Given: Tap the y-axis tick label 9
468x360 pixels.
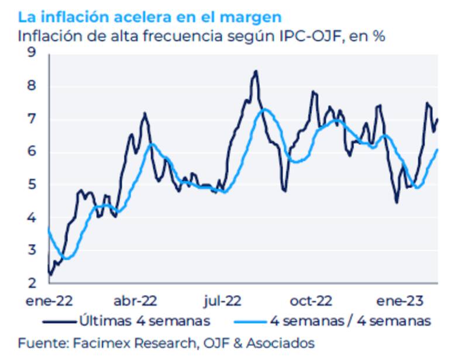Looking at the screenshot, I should pyautogui.click(x=31, y=53).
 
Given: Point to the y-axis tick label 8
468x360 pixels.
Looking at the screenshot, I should pyautogui.click(x=31, y=86).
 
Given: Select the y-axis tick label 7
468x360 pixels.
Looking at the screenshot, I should pyautogui.click(x=31, y=119).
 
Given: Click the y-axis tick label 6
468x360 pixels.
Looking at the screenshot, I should pyautogui.click(x=31, y=152).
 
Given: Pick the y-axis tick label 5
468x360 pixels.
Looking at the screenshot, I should pyautogui.click(x=31, y=185).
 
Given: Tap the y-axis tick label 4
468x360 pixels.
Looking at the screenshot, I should pyautogui.click(x=31, y=218).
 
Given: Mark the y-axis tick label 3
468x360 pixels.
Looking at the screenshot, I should pyautogui.click(x=31, y=251).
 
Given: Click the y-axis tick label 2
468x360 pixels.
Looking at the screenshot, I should pyautogui.click(x=31, y=283).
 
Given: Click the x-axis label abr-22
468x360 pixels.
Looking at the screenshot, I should pyautogui.click(x=135, y=301).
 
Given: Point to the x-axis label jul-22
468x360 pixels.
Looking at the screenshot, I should pyautogui.click(x=222, y=301).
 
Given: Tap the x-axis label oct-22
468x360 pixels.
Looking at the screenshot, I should pyautogui.click(x=311, y=301).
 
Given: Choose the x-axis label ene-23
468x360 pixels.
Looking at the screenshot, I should pyautogui.click(x=400, y=301).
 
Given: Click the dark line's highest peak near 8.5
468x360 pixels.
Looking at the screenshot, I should pyautogui.click(x=255, y=71).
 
